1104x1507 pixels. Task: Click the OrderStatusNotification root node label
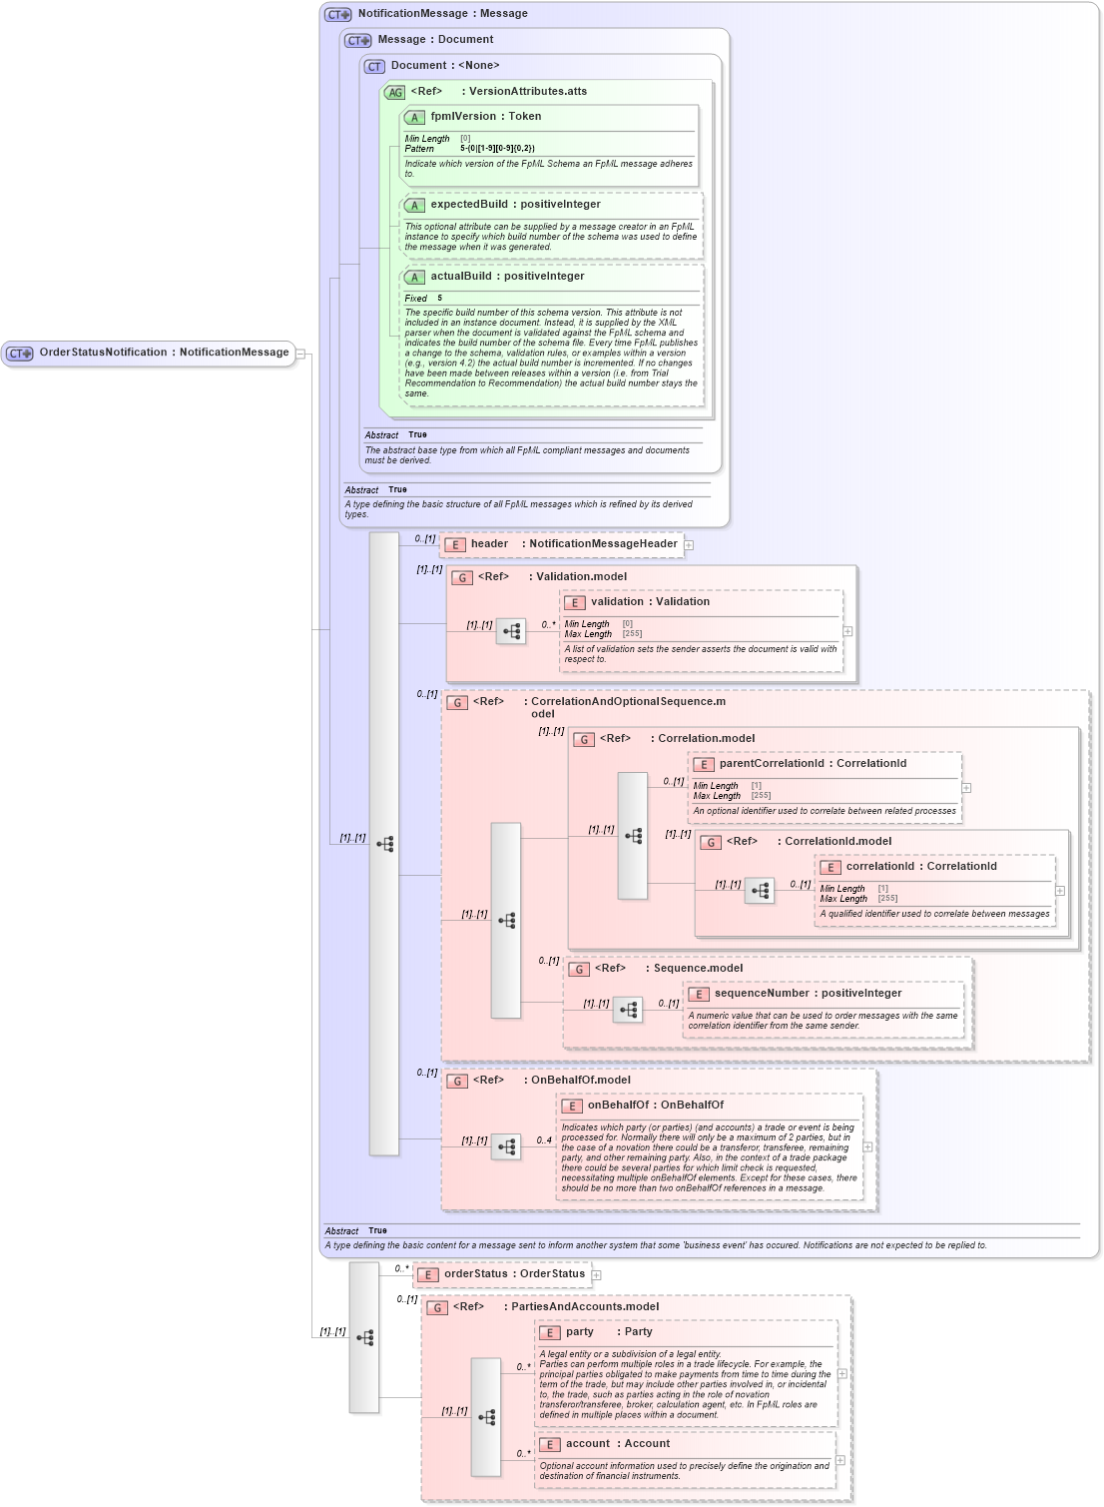(103, 353)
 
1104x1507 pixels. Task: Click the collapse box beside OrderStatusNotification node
(300, 354)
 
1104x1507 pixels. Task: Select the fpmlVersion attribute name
(464, 117)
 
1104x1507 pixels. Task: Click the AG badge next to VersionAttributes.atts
(395, 93)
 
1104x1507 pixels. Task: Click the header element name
(489, 544)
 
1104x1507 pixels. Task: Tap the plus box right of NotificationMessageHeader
(689, 545)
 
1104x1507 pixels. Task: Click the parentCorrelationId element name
(772, 764)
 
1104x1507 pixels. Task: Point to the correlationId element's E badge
(830, 868)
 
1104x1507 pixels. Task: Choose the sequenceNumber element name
(764, 994)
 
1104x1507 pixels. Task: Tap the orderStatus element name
(475, 1274)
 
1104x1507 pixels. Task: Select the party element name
(579, 1332)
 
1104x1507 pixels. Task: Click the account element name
(587, 1444)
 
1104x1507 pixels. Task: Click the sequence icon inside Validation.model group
(511, 631)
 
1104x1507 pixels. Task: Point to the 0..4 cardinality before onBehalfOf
(543, 1140)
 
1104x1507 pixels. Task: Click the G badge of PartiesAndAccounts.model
(437, 1308)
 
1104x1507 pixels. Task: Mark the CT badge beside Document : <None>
(374, 67)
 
